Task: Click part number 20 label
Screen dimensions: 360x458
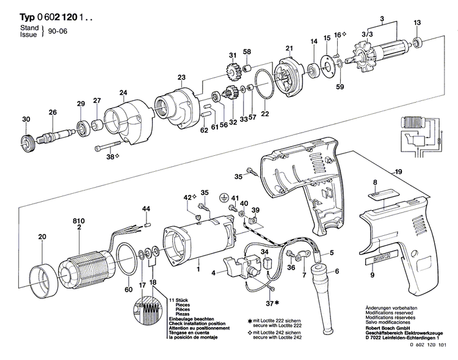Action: pyautogui.click(x=42, y=237)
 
